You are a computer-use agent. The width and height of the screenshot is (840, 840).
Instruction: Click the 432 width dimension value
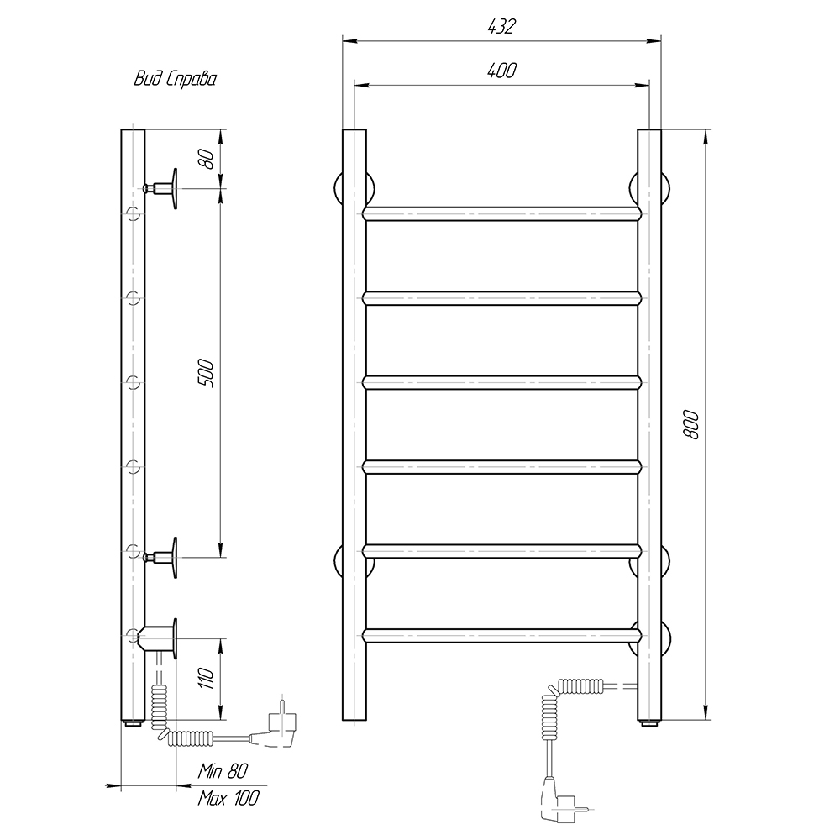(x=501, y=27)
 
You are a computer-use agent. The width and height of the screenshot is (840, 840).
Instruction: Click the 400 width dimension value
(x=501, y=71)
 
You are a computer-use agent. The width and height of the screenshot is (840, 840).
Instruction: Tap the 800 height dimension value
(x=691, y=425)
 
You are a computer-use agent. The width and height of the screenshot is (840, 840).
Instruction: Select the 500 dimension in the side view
(x=207, y=374)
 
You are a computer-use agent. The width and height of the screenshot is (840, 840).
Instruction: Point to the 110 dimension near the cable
(x=207, y=679)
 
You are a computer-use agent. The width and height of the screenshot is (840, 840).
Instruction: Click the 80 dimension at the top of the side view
(x=207, y=159)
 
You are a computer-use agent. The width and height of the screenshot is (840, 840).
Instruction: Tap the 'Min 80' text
(x=223, y=771)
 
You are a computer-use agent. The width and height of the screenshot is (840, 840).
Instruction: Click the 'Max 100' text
(x=228, y=798)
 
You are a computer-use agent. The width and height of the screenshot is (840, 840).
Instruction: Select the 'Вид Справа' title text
(x=176, y=80)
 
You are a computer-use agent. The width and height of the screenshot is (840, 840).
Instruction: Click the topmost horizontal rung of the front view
(x=502, y=213)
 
